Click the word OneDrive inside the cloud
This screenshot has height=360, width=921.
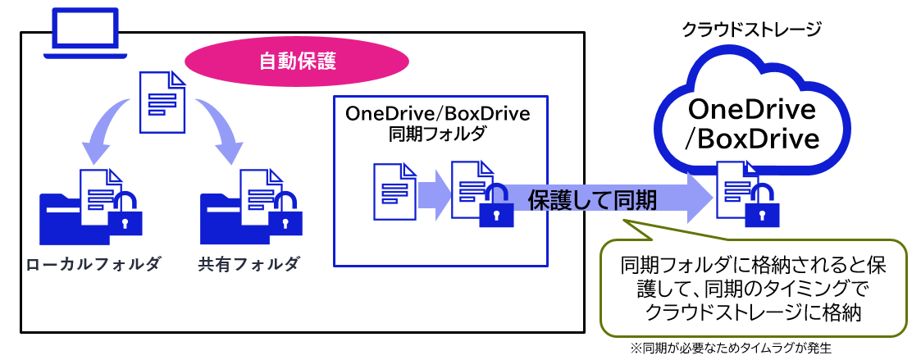[752, 109]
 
